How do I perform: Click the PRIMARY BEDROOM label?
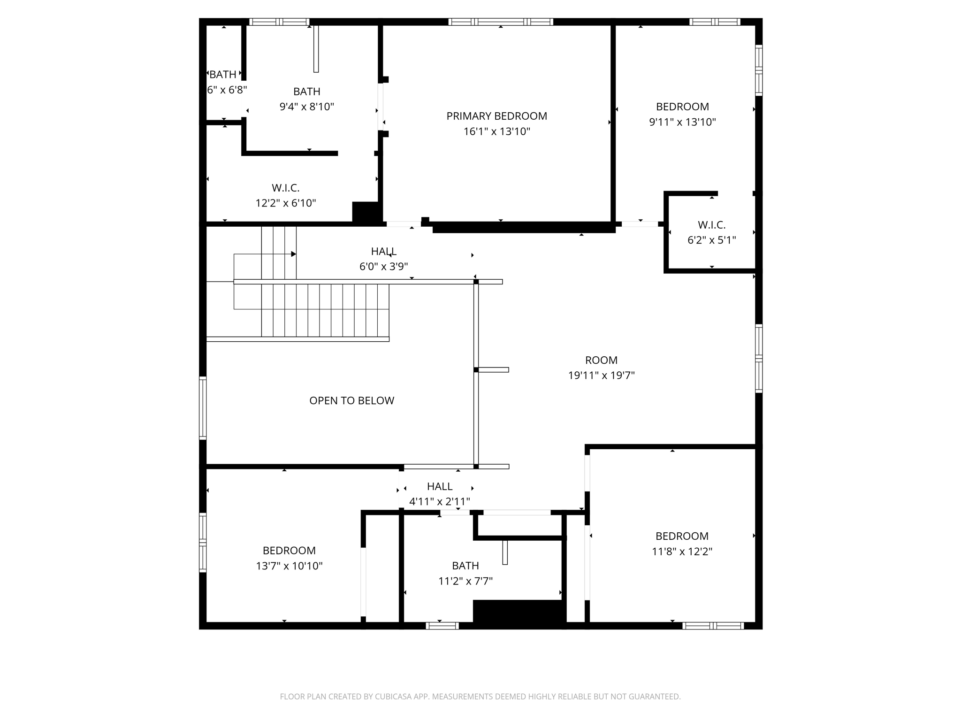pos(496,116)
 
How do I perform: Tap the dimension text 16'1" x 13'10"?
pos(496,131)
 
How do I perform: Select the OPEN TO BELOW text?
pos(351,400)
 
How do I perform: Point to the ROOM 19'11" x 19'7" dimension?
pos(601,376)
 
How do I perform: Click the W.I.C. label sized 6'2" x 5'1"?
pos(711,225)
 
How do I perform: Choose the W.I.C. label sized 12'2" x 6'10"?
pos(285,188)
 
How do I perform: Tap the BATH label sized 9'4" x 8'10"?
pos(306,92)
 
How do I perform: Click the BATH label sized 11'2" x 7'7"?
pos(465,566)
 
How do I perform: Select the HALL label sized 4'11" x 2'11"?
pos(440,486)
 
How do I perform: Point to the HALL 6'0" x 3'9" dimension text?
pos(383,267)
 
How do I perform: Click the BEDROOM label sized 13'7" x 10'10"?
pos(289,551)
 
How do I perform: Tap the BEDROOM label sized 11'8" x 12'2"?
pos(682,536)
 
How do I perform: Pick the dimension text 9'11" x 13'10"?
pos(682,122)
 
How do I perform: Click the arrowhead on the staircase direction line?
pos(294,254)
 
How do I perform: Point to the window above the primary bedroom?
pos(501,22)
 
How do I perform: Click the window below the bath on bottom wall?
pos(442,625)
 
